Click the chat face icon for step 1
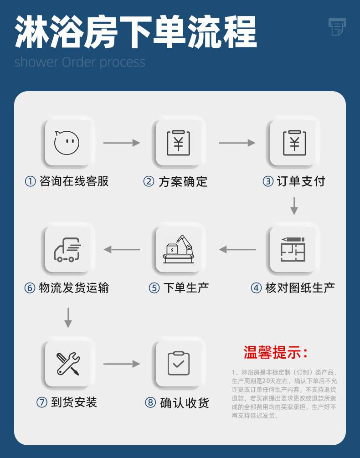click(x=67, y=142)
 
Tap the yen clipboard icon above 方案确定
click(x=178, y=143)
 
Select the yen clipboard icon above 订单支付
click(x=294, y=143)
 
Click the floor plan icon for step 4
click(x=293, y=249)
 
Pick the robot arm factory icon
click(x=178, y=249)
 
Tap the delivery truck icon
click(x=67, y=249)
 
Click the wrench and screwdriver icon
click(x=68, y=364)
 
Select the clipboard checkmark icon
click(x=178, y=363)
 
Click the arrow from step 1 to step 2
click(x=122, y=143)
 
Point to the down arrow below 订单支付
click(x=294, y=206)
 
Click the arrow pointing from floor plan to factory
click(x=237, y=249)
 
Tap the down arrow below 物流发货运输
click(x=68, y=318)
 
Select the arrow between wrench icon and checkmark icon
click(x=122, y=364)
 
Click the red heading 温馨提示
click(x=276, y=352)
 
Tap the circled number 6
click(x=30, y=288)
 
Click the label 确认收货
click(x=185, y=403)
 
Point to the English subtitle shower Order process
click(x=80, y=62)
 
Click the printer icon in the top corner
click(x=337, y=26)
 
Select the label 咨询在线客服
click(x=74, y=181)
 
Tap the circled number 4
click(x=257, y=288)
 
